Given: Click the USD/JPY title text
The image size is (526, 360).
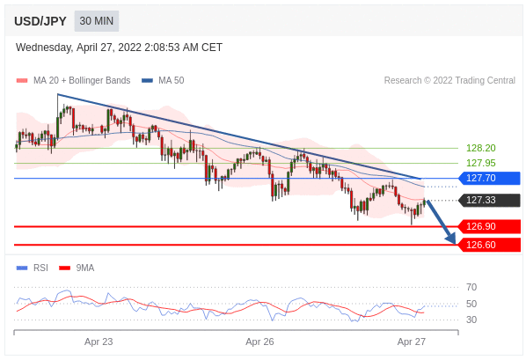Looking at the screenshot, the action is click(x=40, y=21).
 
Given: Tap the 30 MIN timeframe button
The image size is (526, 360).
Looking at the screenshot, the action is click(x=97, y=21).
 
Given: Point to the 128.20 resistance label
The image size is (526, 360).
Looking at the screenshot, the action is click(x=481, y=148).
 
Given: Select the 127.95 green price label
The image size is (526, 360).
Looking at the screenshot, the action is click(x=481, y=163).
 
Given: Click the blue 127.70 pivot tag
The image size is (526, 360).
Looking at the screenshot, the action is click(x=489, y=178).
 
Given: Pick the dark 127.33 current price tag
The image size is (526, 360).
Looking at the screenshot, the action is click(x=489, y=200).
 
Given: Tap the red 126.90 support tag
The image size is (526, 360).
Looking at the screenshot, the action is click(x=489, y=226).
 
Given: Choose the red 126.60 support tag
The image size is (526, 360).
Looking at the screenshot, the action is click(x=489, y=245).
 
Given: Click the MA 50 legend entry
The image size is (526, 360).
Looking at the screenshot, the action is click(x=163, y=81).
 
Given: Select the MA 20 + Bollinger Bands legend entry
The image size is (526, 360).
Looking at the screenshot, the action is click(x=73, y=81).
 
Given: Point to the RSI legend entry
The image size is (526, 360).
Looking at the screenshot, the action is click(x=33, y=268).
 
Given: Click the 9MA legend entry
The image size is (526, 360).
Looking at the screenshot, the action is click(x=77, y=268).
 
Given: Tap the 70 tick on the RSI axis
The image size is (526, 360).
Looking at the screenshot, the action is click(x=471, y=287).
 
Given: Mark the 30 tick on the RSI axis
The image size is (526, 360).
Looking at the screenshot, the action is click(x=471, y=320).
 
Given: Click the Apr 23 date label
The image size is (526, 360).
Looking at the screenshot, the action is click(x=99, y=342).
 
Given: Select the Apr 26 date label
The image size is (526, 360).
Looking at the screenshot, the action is click(x=259, y=342).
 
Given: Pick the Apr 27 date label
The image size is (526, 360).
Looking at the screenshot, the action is click(x=412, y=342).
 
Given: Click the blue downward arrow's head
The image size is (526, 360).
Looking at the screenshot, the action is click(x=452, y=239).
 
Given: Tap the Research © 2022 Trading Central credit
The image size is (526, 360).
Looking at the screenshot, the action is click(x=449, y=81).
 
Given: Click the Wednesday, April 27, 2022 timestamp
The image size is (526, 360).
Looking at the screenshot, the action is click(x=119, y=48).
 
